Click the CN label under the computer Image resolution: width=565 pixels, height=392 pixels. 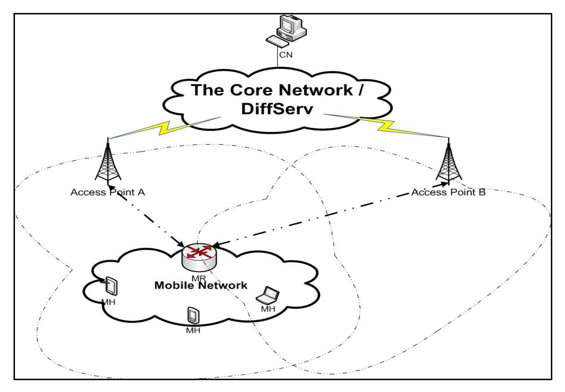pyautogui.click(x=285, y=55)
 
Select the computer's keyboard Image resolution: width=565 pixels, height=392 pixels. pyautogui.click(x=277, y=41)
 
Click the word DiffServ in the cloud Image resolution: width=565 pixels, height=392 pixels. pyautogui.click(x=277, y=109)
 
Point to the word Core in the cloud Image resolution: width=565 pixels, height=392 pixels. pyautogui.click(x=251, y=90)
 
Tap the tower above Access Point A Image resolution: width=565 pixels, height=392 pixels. pyautogui.click(x=108, y=164)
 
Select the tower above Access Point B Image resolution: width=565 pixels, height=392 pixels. pyautogui.click(x=448, y=164)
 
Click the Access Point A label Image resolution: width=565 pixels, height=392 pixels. pyautogui.click(x=108, y=192)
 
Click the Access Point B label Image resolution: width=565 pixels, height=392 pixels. pyautogui.click(x=448, y=192)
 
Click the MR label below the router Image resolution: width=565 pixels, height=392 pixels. pyautogui.click(x=198, y=278)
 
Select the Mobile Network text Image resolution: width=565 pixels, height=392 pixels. pyautogui.click(x=200, y=285)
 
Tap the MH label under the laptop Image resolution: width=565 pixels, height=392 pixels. pyautogui.click(x=268, y=309)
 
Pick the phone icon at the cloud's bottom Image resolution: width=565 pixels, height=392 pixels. pyautogui.click(x=193, y=315)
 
